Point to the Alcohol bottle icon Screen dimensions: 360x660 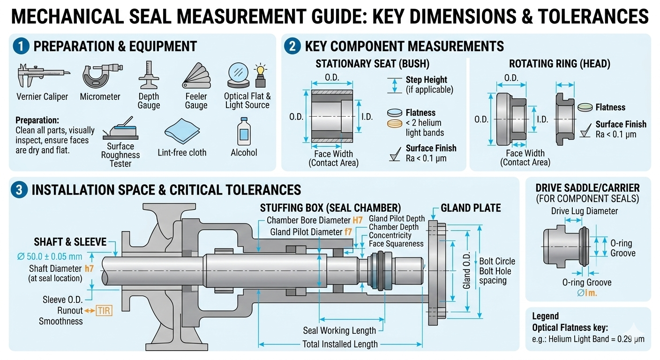(243, 131)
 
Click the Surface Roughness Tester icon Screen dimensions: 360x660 (120, 129)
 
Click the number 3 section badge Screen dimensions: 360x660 (19, 189)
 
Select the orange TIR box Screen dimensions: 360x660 (104, 310)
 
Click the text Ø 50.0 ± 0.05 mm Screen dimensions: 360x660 (50, 257)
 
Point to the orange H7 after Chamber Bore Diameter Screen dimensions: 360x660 (358, 220)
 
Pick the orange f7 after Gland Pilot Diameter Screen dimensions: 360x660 (348, 232)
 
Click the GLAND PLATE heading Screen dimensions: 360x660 (471, 208)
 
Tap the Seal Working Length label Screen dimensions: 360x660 (339, 330)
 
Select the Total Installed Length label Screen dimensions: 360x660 (340, 344)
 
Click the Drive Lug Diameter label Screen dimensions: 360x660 (584, 211)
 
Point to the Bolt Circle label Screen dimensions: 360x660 (497, 261)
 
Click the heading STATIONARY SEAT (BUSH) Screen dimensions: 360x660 (372, 64)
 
